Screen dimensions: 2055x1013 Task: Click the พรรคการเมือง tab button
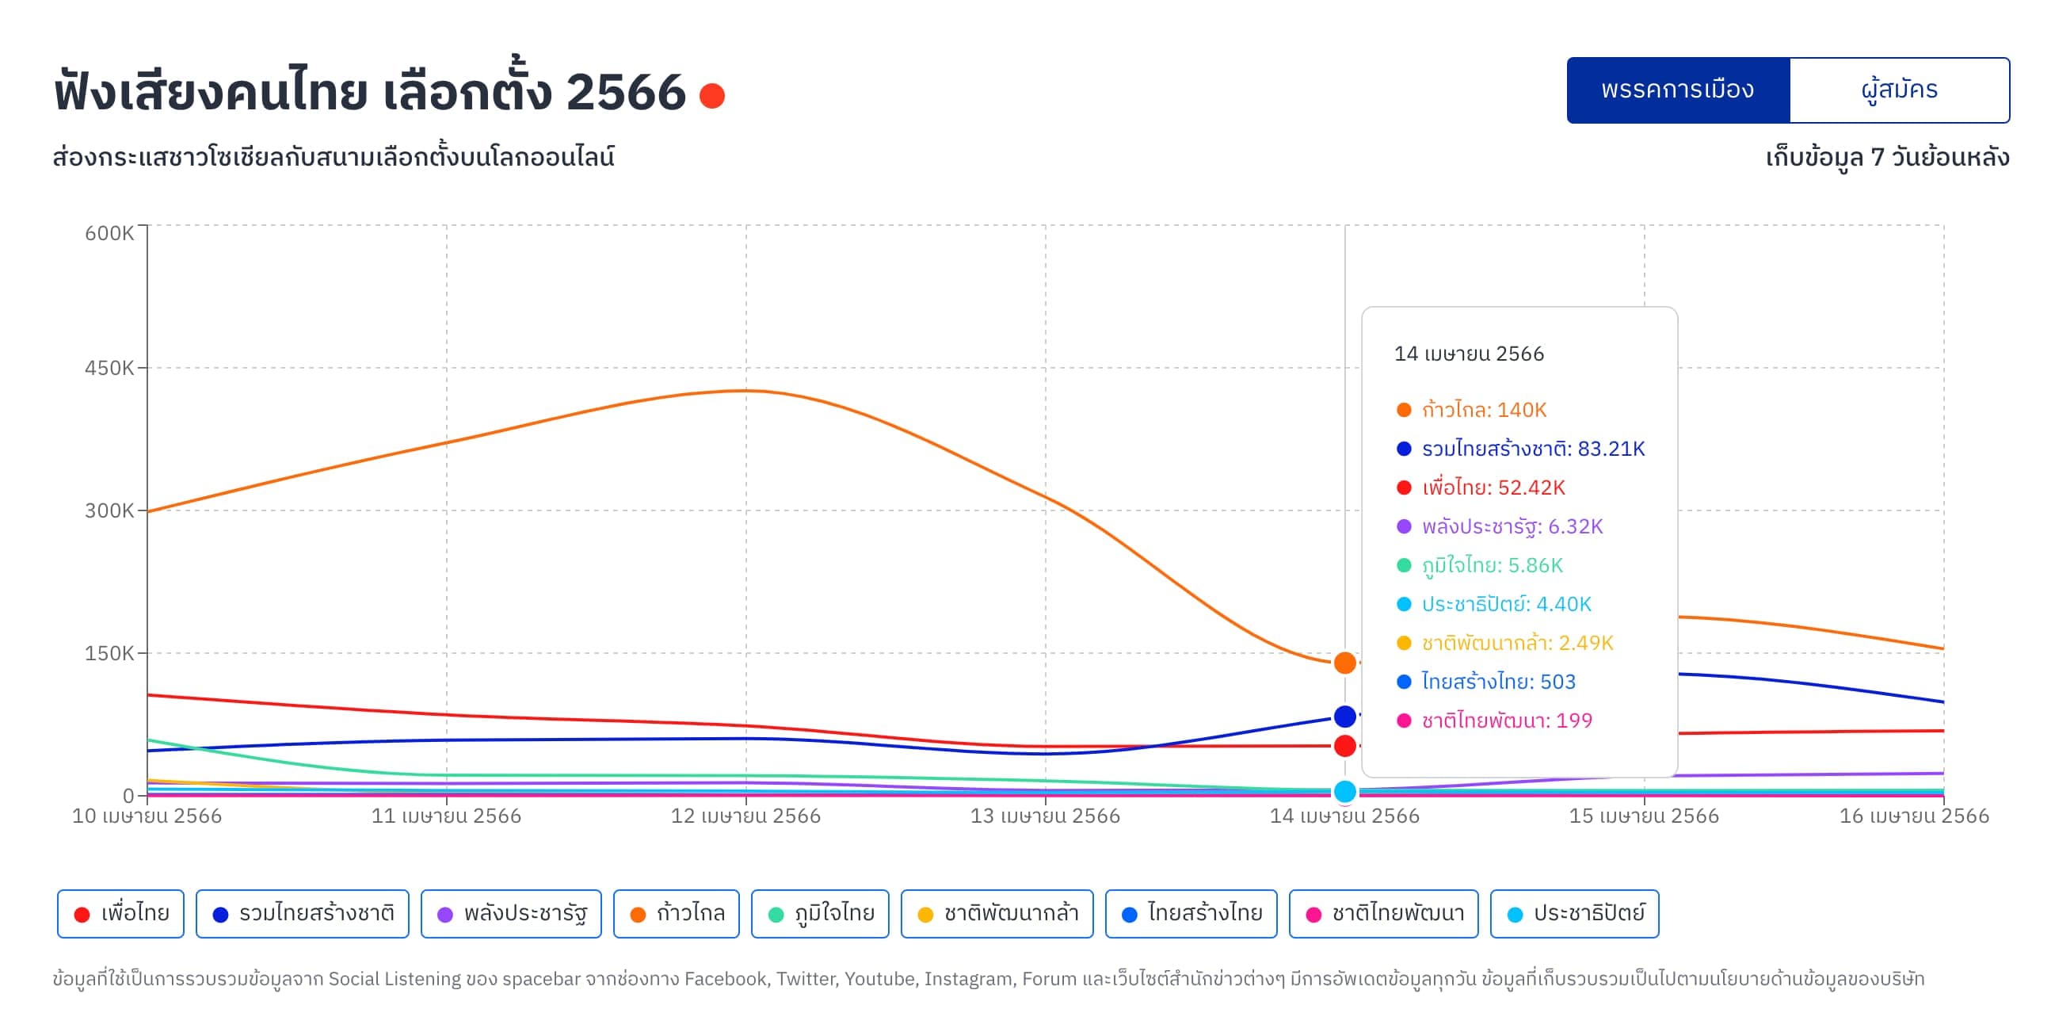pyautogui.click(x=1678, y=90)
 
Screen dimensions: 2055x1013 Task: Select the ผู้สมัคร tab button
pyautogui.click(x=1900, y=90)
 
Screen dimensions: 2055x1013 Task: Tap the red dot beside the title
pyautogui.click(x=711, y=96)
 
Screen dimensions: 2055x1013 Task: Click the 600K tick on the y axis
pyautogui.click(x=109, y=233)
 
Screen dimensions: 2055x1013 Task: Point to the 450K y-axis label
pyautogui.click(x=109, y=368)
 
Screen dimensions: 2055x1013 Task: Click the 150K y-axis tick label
pyautogui.click(x=109, y=653)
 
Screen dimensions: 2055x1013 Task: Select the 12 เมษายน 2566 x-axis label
pyautogui.click(x=746, y=816)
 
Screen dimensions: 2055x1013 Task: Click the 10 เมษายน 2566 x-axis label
pyautogui.click(x=147, y=816)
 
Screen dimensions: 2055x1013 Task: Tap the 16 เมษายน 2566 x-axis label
pyautogui.click(x=1914, y=816)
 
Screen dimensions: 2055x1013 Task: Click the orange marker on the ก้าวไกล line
pyautogui.click(x=1345, y=663)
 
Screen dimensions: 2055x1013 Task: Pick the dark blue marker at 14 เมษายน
pyautogui.click(x=1345, y=717)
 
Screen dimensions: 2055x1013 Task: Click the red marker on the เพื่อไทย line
pyautogui.click(x=1345, y=747)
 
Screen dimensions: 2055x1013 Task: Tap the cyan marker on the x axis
pyautogui.click(x=1345, y=792)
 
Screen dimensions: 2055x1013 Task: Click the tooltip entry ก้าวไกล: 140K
pyautogui.click(x=1472, y=411)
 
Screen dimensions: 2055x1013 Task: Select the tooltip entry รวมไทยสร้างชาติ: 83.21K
pyautogui.click(x=1520, y=449)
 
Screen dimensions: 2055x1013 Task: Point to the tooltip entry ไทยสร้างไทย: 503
pyautogui.click(x=1486, y=682)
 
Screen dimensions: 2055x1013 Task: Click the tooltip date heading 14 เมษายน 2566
pyautogui.click(x=1469, y=354)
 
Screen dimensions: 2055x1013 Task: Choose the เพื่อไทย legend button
pyautogui.click(x=120, y=914)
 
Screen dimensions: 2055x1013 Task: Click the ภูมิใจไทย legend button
pyautogui.click(x=820, y=914)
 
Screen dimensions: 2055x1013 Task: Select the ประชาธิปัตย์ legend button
pyautogui.click(x=1575, y=914)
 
